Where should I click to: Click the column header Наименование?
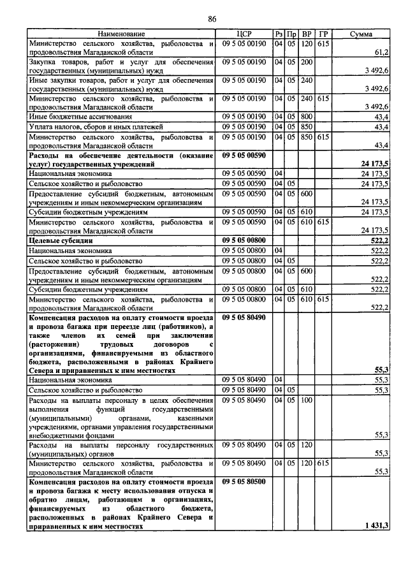pyautogui.click(x=121, y=34)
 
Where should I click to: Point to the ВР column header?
pyautogui.click(x=307, y=34)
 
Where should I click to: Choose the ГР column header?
pyautogui.click(x=323, y=34)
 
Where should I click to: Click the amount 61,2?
pyautogui.click(x=381, y=52)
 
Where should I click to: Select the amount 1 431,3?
pyautogui.click(x=377, y=525)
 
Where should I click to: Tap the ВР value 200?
pyautogui.click(x=307, y=62)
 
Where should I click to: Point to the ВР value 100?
pyautogui.click(x=307, y=400)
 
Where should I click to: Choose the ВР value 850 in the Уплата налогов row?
pyautogui.click(x=307, y=127)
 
